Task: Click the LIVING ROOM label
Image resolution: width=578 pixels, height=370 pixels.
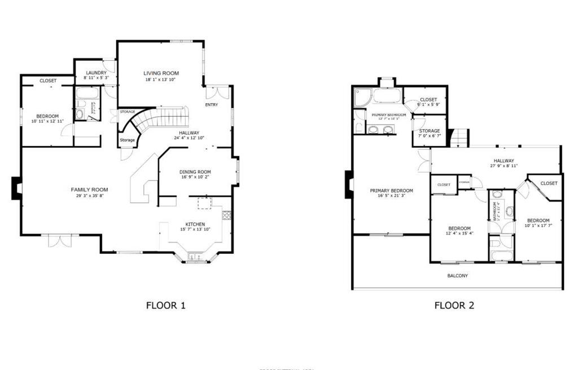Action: pyautogui.click(x=161, y=73)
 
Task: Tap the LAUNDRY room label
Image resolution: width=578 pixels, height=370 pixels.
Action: pyautogui.click(x=95, y=73)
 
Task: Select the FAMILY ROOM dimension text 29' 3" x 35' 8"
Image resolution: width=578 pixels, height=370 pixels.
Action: pyautogui.click(x=89, y=196)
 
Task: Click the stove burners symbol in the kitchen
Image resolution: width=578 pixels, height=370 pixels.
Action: pyautogui.click(x=227, y=215)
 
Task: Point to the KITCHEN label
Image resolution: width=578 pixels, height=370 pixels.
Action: pyautogui.click(x=195, y=224)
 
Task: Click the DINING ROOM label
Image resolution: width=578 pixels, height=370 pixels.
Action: pyautogui.click(x=195, y=172)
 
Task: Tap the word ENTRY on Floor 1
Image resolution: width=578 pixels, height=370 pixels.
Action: pyautogui.click(x=211, y=104)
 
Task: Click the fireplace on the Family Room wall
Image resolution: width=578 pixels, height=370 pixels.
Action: pyautogui.click(x=16, y=188)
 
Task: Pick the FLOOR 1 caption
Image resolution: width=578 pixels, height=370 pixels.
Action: pyautogui.click(x=166, y=306)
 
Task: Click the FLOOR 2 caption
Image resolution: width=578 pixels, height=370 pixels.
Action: pyautogui.click(x=454, y=306)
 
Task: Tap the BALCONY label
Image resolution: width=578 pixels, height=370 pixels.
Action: pyautogui.click(x=457, y=276)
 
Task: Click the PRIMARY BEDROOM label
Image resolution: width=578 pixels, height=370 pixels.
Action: pyautogui.click(x=391, y=191)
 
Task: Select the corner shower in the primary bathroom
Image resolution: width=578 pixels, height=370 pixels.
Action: pyautogui.click(x=362, y=97)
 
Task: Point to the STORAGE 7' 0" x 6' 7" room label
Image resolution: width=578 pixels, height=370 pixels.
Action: pyautogui.click(x=429, y=131)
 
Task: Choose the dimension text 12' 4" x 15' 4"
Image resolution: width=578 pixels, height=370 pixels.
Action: pyautogui.click(x=459, y=233)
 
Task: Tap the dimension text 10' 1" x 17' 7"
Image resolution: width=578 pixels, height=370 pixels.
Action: pyautogui.click(x=538, y=226)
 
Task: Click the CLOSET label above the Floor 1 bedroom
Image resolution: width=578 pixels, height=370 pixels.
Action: pyautogui.click(x=48, y=81)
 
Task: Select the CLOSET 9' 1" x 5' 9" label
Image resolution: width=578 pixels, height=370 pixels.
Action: pyautogui.click(x=428, y=100)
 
